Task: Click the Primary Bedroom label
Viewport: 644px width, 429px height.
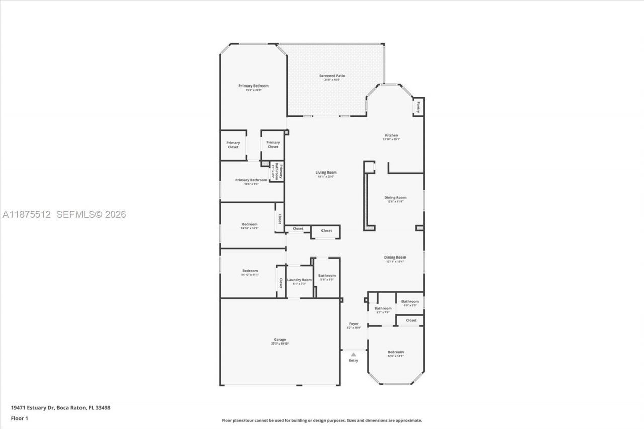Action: pyautogui.click(x=253, y=86)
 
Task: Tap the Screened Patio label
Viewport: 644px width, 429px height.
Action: pyautogui.click(x=332, y=76)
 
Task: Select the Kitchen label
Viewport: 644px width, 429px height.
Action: pyautogui.click(x=391, y=135)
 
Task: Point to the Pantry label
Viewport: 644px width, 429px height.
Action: pyautogui.click(x=418, y=107)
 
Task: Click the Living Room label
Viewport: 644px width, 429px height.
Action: pyautogui.click(x=326, y=173)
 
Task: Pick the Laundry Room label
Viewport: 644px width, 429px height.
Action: pyautogui.click(x=299, y=280)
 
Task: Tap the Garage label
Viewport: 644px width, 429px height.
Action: pyautogui.click(x=280, y=339)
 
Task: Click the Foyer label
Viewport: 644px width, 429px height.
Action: pyautogui.click(x=354, y=324)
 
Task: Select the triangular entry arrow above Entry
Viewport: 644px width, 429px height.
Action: pyautogui.click(x=354, y=354)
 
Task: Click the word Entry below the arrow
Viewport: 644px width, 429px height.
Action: pyautogui.click(x=354, y=360)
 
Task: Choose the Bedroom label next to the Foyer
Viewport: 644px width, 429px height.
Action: pyautogui.click(x=395, y=352)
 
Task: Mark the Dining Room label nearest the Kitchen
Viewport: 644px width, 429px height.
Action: pyautogui.click(x=395, y=198)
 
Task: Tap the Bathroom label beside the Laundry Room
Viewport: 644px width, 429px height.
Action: pyautogui.click(x=327, y=275)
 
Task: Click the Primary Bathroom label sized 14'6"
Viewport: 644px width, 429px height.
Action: pyautogui.click(x=251, y=180)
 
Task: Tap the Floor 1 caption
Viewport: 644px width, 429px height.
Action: pyautogui.click(x=19, y=418)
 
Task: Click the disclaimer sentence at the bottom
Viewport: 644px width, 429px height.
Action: pyautogui.click(x=322, y=420)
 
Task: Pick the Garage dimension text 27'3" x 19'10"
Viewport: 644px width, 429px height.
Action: pyautogui.click(x=280, y=344)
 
